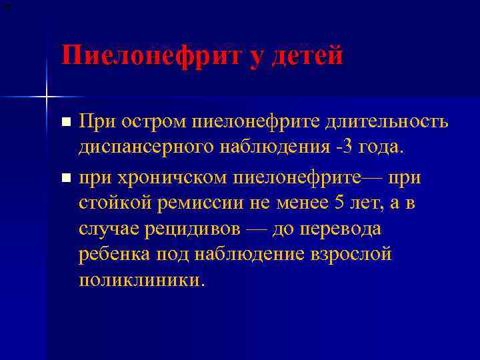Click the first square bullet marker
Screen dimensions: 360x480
click(x=65, y=122)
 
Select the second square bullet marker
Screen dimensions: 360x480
click(x=65, y=178)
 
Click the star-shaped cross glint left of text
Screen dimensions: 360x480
click(x=47, y=97)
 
